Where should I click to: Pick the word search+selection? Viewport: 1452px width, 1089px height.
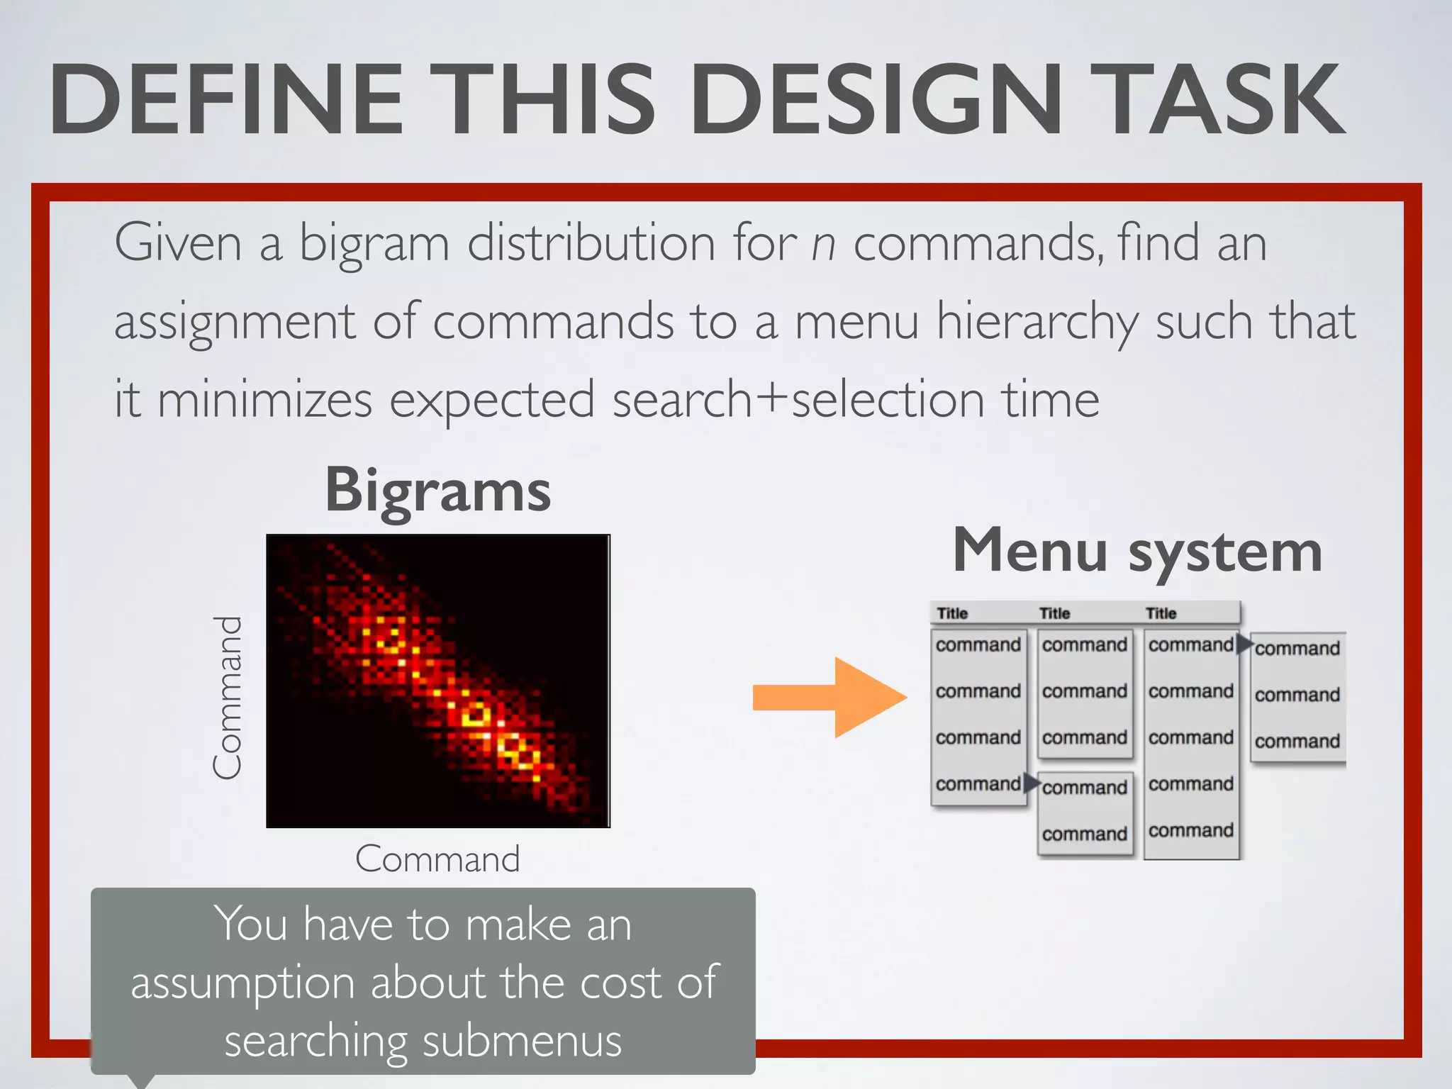(x=798, y=399)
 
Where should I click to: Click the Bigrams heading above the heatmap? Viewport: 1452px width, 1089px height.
(x=437, y=491)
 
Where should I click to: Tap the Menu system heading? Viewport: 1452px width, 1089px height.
(x=1137, y=552)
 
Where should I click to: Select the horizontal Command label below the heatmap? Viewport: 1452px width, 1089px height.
(x=437, y=859)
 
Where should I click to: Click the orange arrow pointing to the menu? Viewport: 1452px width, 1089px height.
(x=830, y=697)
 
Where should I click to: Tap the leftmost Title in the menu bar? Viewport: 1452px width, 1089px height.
(x=952, y=613)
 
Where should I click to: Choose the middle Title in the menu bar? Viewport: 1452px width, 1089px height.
(x=1054, y=613)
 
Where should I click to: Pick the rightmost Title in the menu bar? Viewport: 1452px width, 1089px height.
(x=1161, y=613)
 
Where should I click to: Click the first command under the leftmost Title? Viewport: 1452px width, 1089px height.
(x=978, y=644)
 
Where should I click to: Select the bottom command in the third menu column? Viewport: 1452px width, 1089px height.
(x=1191, y=830)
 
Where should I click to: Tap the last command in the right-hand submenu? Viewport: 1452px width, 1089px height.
(x=1297, y=741)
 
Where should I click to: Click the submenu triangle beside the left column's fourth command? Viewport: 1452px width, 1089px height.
(x=1032, y=783)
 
